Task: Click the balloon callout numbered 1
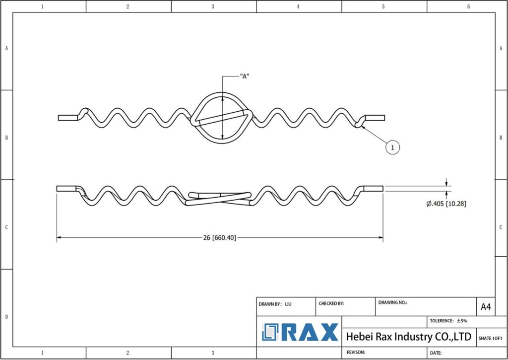(x=393, y=147)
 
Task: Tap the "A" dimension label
(x=245, y=76)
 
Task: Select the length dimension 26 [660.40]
(x=220, y=238)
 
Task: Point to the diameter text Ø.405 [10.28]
(x=446, y=204)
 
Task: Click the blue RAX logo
(x=300, y=332)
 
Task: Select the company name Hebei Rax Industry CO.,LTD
(x=409, y=337)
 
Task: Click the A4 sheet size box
(x=486, y=307)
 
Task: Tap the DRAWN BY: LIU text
(x=275, y=304)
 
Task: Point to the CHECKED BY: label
(x=331, y=304)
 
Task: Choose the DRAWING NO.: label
(x=392, y=302)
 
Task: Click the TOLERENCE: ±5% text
(x=448, y=321)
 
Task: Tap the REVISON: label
(x=356, y=352)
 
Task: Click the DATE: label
(x=436, y=353)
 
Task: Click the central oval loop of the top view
(x=222, y=117)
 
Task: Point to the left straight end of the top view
(x=68, y=118)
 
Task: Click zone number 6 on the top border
(x=468, y=6)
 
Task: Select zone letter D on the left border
(x=6, y=316)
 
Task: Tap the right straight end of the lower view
(x=373, y=188)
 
